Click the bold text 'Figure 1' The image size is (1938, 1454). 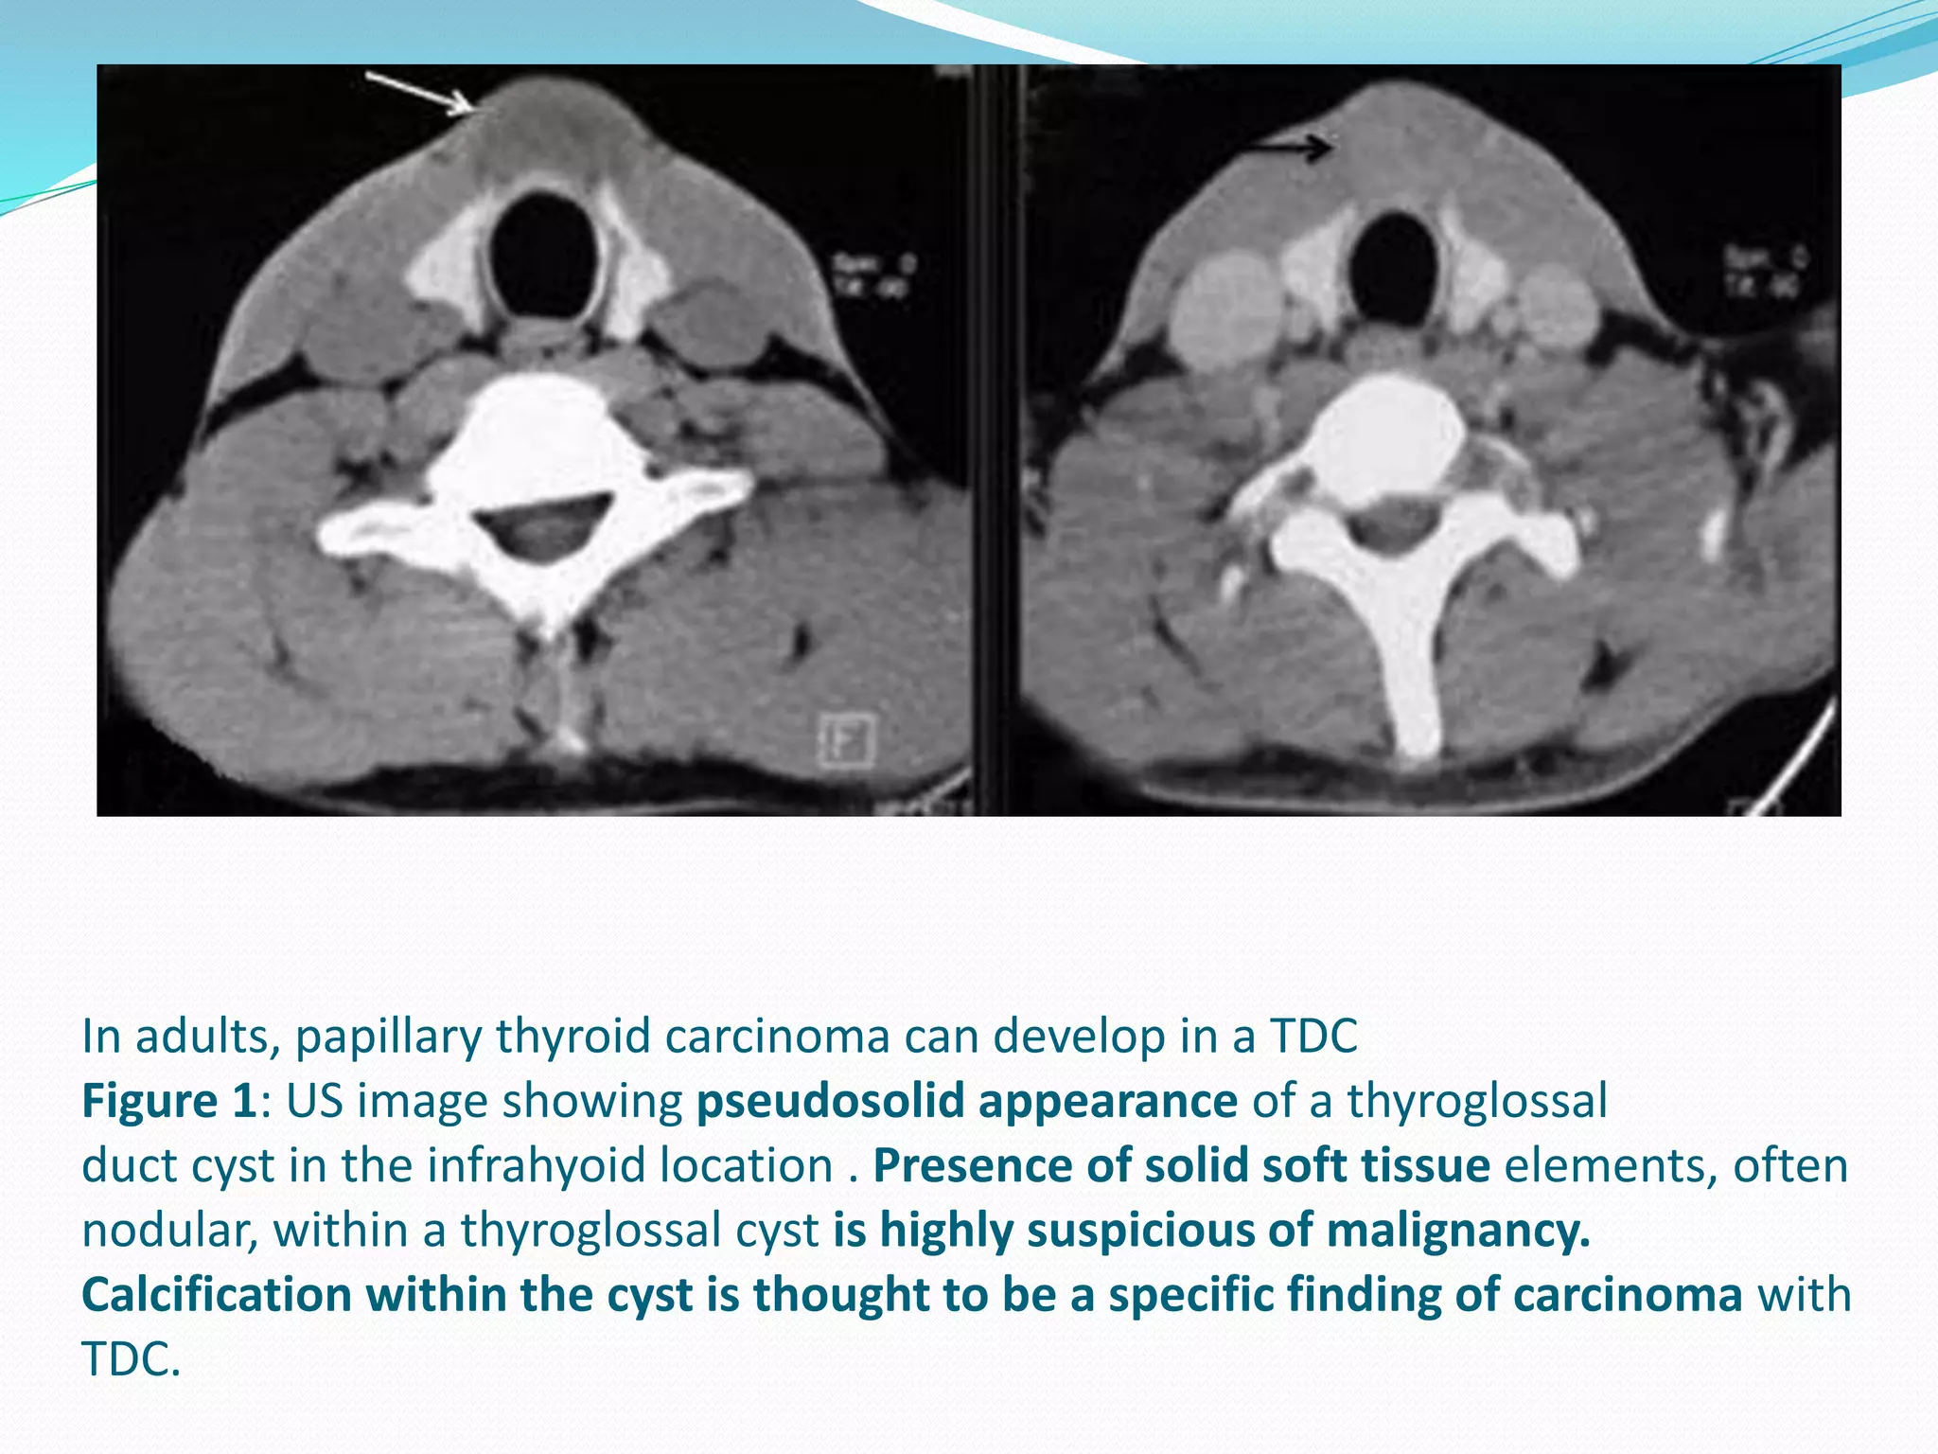168,1101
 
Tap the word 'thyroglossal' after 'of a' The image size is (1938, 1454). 1477,1101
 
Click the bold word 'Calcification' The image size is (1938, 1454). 217,1294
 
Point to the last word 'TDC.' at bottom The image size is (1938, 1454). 131,1359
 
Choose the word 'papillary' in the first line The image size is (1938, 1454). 389,1036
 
